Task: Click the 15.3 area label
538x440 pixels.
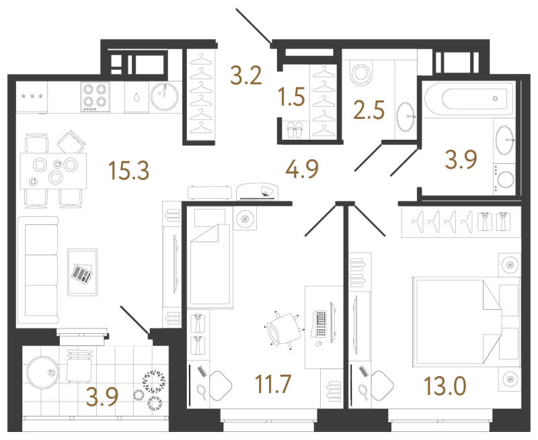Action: (128, 171)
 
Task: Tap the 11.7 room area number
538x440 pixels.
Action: (273, 384)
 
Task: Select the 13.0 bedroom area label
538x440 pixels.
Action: (445, 386)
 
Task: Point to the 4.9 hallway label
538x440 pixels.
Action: (302, 169)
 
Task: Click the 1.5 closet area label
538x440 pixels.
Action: (292, 96)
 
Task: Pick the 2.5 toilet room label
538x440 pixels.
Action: (369, 110)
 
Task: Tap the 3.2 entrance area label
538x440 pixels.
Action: (246, 75)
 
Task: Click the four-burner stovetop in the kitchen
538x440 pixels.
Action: (95, 97)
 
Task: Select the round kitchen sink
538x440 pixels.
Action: (165, 96)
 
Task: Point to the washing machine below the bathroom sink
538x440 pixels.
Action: (504, 179)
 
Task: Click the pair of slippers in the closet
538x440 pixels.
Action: (295, 130)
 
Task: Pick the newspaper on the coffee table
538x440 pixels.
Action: (81, 273)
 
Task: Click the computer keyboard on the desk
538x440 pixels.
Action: (320, 324)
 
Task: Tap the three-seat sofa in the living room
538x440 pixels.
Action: (38, 270)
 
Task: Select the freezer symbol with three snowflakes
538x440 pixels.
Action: (32, 96)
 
